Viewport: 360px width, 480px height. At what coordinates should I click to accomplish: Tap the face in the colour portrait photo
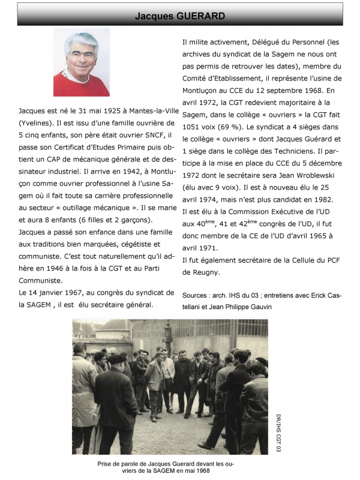(82, 59)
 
